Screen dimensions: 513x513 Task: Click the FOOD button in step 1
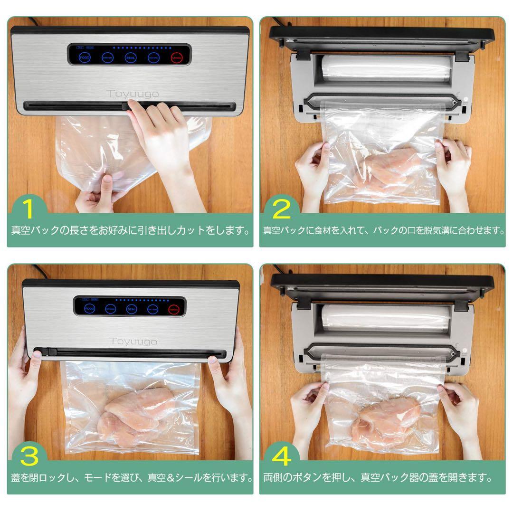click(x=85, y=58)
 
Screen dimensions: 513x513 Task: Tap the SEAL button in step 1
click(x=130, y=58)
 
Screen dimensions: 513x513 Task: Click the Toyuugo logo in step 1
click(x=133, y=94)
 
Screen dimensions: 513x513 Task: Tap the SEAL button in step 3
click(x=132, y=309)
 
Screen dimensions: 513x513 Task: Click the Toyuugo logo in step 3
click(x=133, y=341)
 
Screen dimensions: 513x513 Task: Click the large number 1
click(x=28, y=209)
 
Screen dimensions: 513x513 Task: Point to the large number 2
click(x=281, y=209)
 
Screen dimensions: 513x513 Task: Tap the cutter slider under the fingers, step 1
click(x=127, y=106)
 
